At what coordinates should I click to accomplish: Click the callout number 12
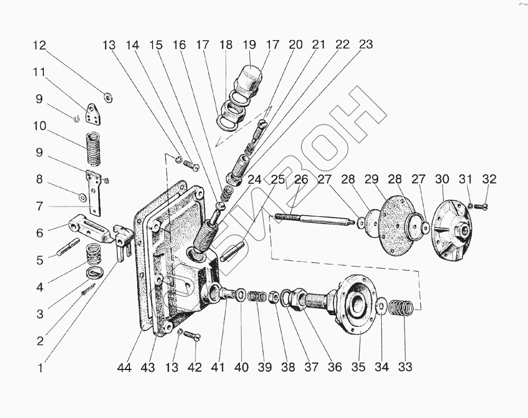(40, 45)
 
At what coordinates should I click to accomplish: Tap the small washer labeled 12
(109, 96)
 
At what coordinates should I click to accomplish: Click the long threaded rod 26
(312, 219)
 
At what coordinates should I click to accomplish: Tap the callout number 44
(125, 367)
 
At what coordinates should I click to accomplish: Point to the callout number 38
(288, 367)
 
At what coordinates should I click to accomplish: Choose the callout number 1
(40, 367)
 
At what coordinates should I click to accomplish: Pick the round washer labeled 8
(83, 197)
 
